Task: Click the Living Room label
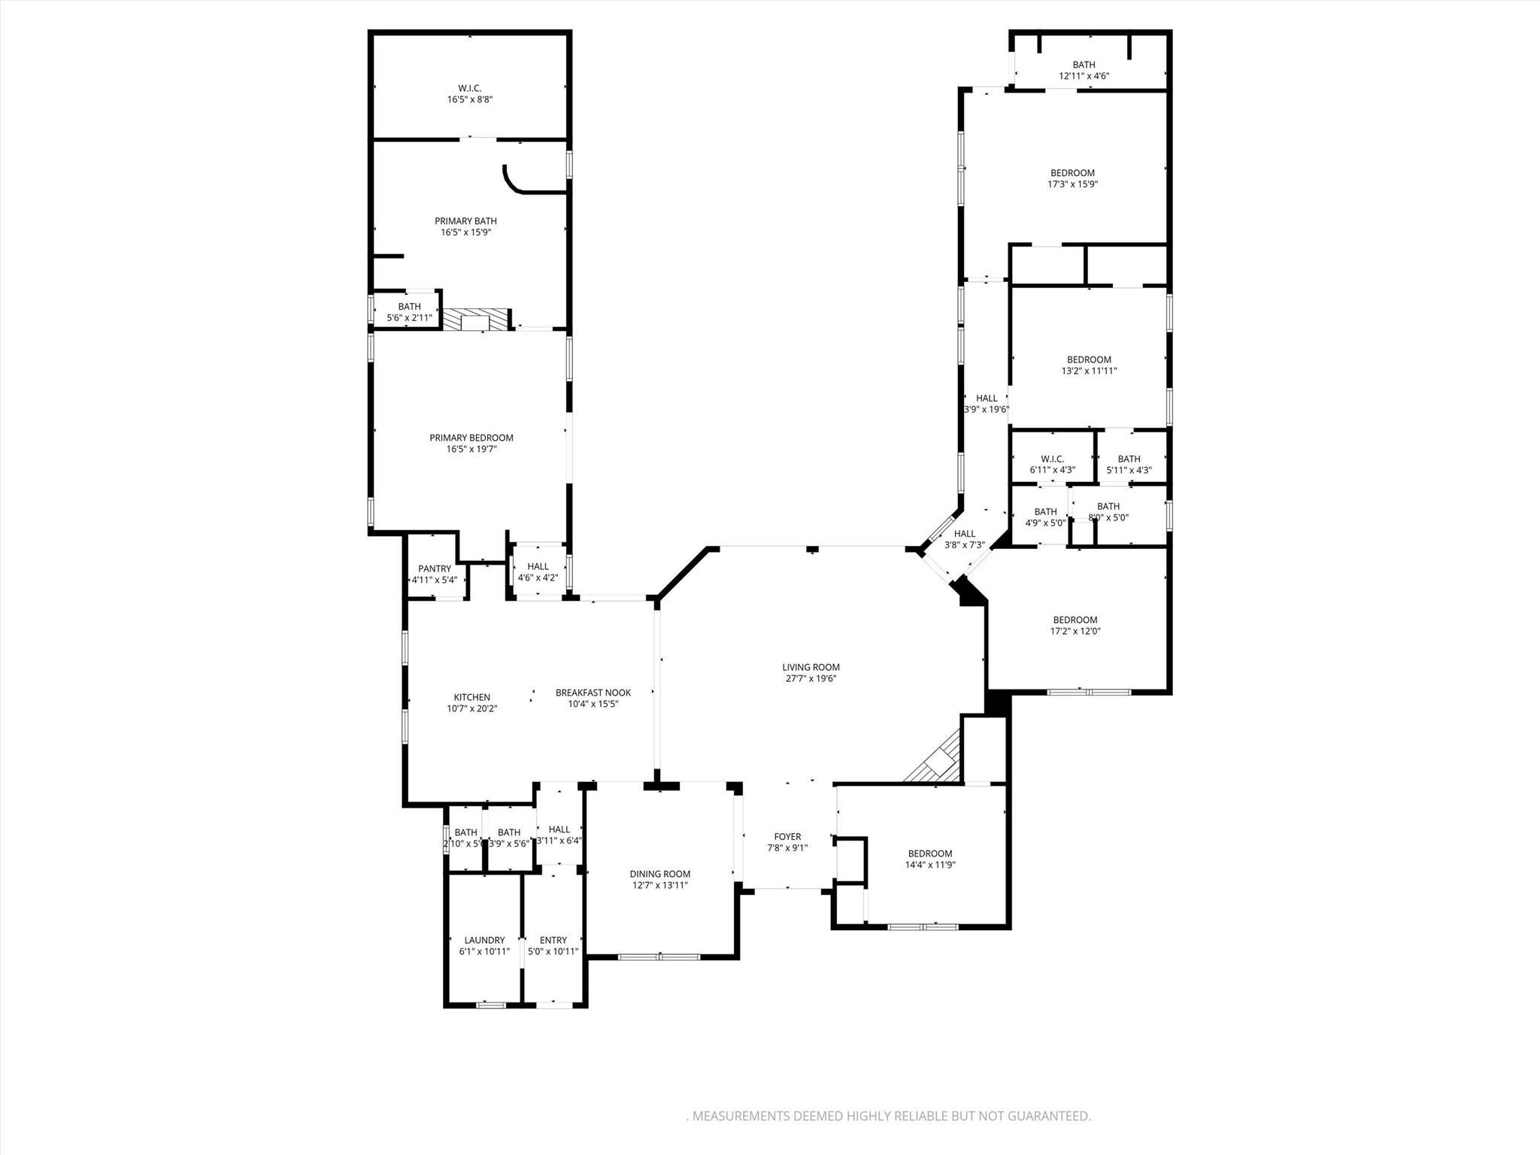[x=811, y=667]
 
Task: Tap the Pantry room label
[x=435, y=568]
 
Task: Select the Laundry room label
[x=484, y=940]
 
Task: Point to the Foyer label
[x=787, y=836]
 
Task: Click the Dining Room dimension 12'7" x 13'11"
[x=660, y=885]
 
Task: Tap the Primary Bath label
[x=465, y=221]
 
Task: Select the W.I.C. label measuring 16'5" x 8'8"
[x=470, y=88]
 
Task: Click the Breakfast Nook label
[x=593, y=693]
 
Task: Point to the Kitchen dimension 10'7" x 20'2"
[x=471, y=708]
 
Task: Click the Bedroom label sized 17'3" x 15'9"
[x=1072, y=173]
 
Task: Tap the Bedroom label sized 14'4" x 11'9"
[x=930, y=853]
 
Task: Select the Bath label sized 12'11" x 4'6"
[x=1084, y=65]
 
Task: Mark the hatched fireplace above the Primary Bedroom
[x=475, y=320]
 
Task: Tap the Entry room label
[x=553, y=940]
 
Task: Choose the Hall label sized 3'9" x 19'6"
[x=987, y=399]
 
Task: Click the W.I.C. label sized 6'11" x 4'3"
[x=1052, y=459]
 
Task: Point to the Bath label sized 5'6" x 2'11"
[x=409, y=306]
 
